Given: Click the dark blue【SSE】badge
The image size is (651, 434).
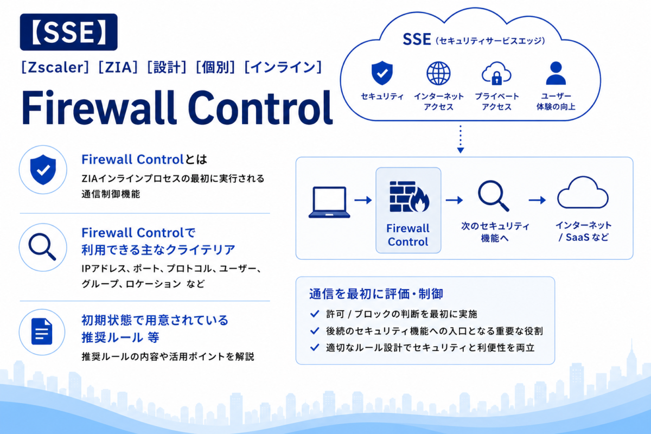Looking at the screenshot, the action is (x=68, y=32).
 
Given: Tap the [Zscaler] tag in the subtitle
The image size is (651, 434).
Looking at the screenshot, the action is (x=55, y=67).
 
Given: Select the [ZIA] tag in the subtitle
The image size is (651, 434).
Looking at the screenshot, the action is (x=118, y=67).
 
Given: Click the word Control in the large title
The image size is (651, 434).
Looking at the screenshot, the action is (x=260, y=107).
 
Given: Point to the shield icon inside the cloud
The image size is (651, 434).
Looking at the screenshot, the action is (x=382, y=73).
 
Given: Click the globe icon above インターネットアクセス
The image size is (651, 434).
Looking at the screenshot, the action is (x=438, y=73).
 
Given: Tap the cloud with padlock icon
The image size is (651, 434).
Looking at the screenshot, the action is (x=496, y=73).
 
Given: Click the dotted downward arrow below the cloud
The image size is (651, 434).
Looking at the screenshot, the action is (x=461, y=139).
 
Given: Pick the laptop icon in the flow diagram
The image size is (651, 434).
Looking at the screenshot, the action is (x=329, y=202).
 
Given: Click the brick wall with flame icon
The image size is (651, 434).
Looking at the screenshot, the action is (x=409, y=196).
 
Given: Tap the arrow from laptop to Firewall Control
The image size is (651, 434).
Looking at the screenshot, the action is (x=363, y=200).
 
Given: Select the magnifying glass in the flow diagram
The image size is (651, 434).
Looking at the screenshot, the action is (x=493, y=195).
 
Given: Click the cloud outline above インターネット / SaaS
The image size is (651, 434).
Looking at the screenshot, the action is (x=583, y=193).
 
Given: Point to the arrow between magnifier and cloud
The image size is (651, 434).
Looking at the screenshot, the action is (x=537, y=200).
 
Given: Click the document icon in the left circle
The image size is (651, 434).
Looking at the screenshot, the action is (x=42, y=331).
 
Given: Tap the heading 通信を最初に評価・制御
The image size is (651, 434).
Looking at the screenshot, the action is (x=376, y=294).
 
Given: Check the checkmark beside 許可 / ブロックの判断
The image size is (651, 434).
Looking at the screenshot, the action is (x=315, y=314).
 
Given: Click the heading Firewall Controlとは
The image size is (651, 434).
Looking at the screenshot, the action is (x=144, y=159).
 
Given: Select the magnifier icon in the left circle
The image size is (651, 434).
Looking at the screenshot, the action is (x=42, y=247).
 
